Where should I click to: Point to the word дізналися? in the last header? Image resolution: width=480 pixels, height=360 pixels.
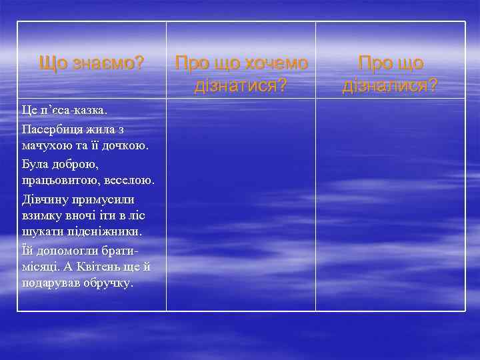click(390, 85)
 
